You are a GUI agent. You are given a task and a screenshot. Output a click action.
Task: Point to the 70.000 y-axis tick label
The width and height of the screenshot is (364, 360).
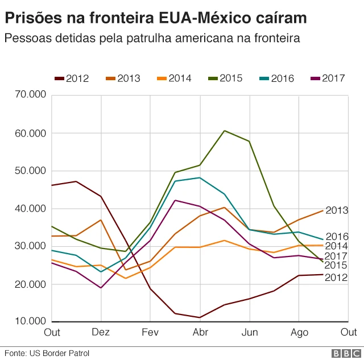pyautogui.click(x=30, y=95)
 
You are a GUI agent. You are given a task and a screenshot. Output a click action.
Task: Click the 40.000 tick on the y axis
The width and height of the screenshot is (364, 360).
pyautogui.click(x=30, y=208)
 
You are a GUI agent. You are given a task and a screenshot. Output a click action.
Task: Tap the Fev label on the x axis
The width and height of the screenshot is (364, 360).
pyautogui.click(x=150, y=332)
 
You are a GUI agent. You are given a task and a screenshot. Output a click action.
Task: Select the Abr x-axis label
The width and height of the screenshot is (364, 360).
pyautogui.click(x=200, y=332)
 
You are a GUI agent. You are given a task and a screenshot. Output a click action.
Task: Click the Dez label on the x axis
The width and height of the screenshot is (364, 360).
pyautogui.click(x=101, y=332)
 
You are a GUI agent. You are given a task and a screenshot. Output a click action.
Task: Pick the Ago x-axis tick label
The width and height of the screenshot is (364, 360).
pyautogui.click(x=299, y=332)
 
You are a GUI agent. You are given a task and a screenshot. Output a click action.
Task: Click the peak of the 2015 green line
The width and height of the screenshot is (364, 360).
pyautogui.click(x=225, y=131)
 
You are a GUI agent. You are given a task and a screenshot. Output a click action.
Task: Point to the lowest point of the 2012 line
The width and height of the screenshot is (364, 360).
pyautogui.click(x=200, y=317)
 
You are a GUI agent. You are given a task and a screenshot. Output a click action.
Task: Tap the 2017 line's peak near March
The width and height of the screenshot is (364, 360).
pyautogui.click(x=175, y=200)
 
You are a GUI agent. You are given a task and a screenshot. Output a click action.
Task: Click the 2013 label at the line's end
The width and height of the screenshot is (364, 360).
pyautogui.click(x=337, y=210)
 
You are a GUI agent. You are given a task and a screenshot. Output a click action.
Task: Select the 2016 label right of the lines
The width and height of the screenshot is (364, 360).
pyautogui.click(x=337, y=237)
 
